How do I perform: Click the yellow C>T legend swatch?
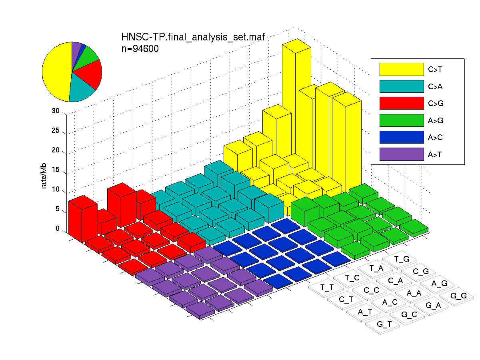(402, 69)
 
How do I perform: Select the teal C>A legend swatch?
(402, 86)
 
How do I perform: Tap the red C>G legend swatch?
(402, 103)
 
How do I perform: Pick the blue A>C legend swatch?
(402, 137)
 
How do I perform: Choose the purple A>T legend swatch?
(402, 154)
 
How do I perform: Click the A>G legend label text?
(435, 120)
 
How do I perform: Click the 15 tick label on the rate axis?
(56, 170)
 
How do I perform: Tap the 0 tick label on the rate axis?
(58, 228)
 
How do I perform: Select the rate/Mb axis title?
(44, 176)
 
